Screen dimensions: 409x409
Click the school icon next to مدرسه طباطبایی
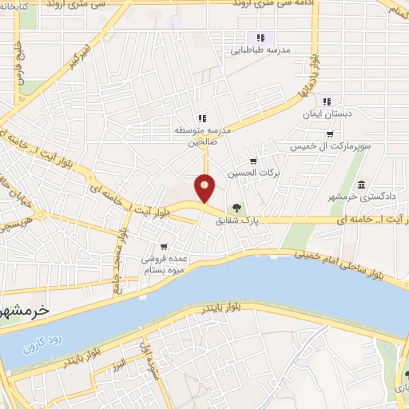pyautogui.click(x=260, y=38)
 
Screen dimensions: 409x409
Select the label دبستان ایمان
pyautogui.click(x=325, y=115)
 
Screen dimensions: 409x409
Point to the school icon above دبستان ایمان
pyautogui.click(x=326, y=101)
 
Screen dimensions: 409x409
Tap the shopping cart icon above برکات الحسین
pyautogui.click(x=253, y=161)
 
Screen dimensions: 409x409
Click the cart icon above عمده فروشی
pyautogui.click(x=164, y=246)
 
